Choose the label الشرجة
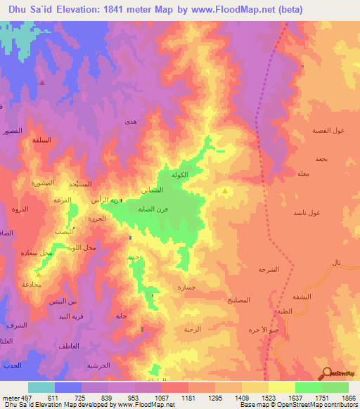[269, 269]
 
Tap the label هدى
[129, 122]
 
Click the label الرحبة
[193, 329]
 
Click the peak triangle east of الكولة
[225, 190]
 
